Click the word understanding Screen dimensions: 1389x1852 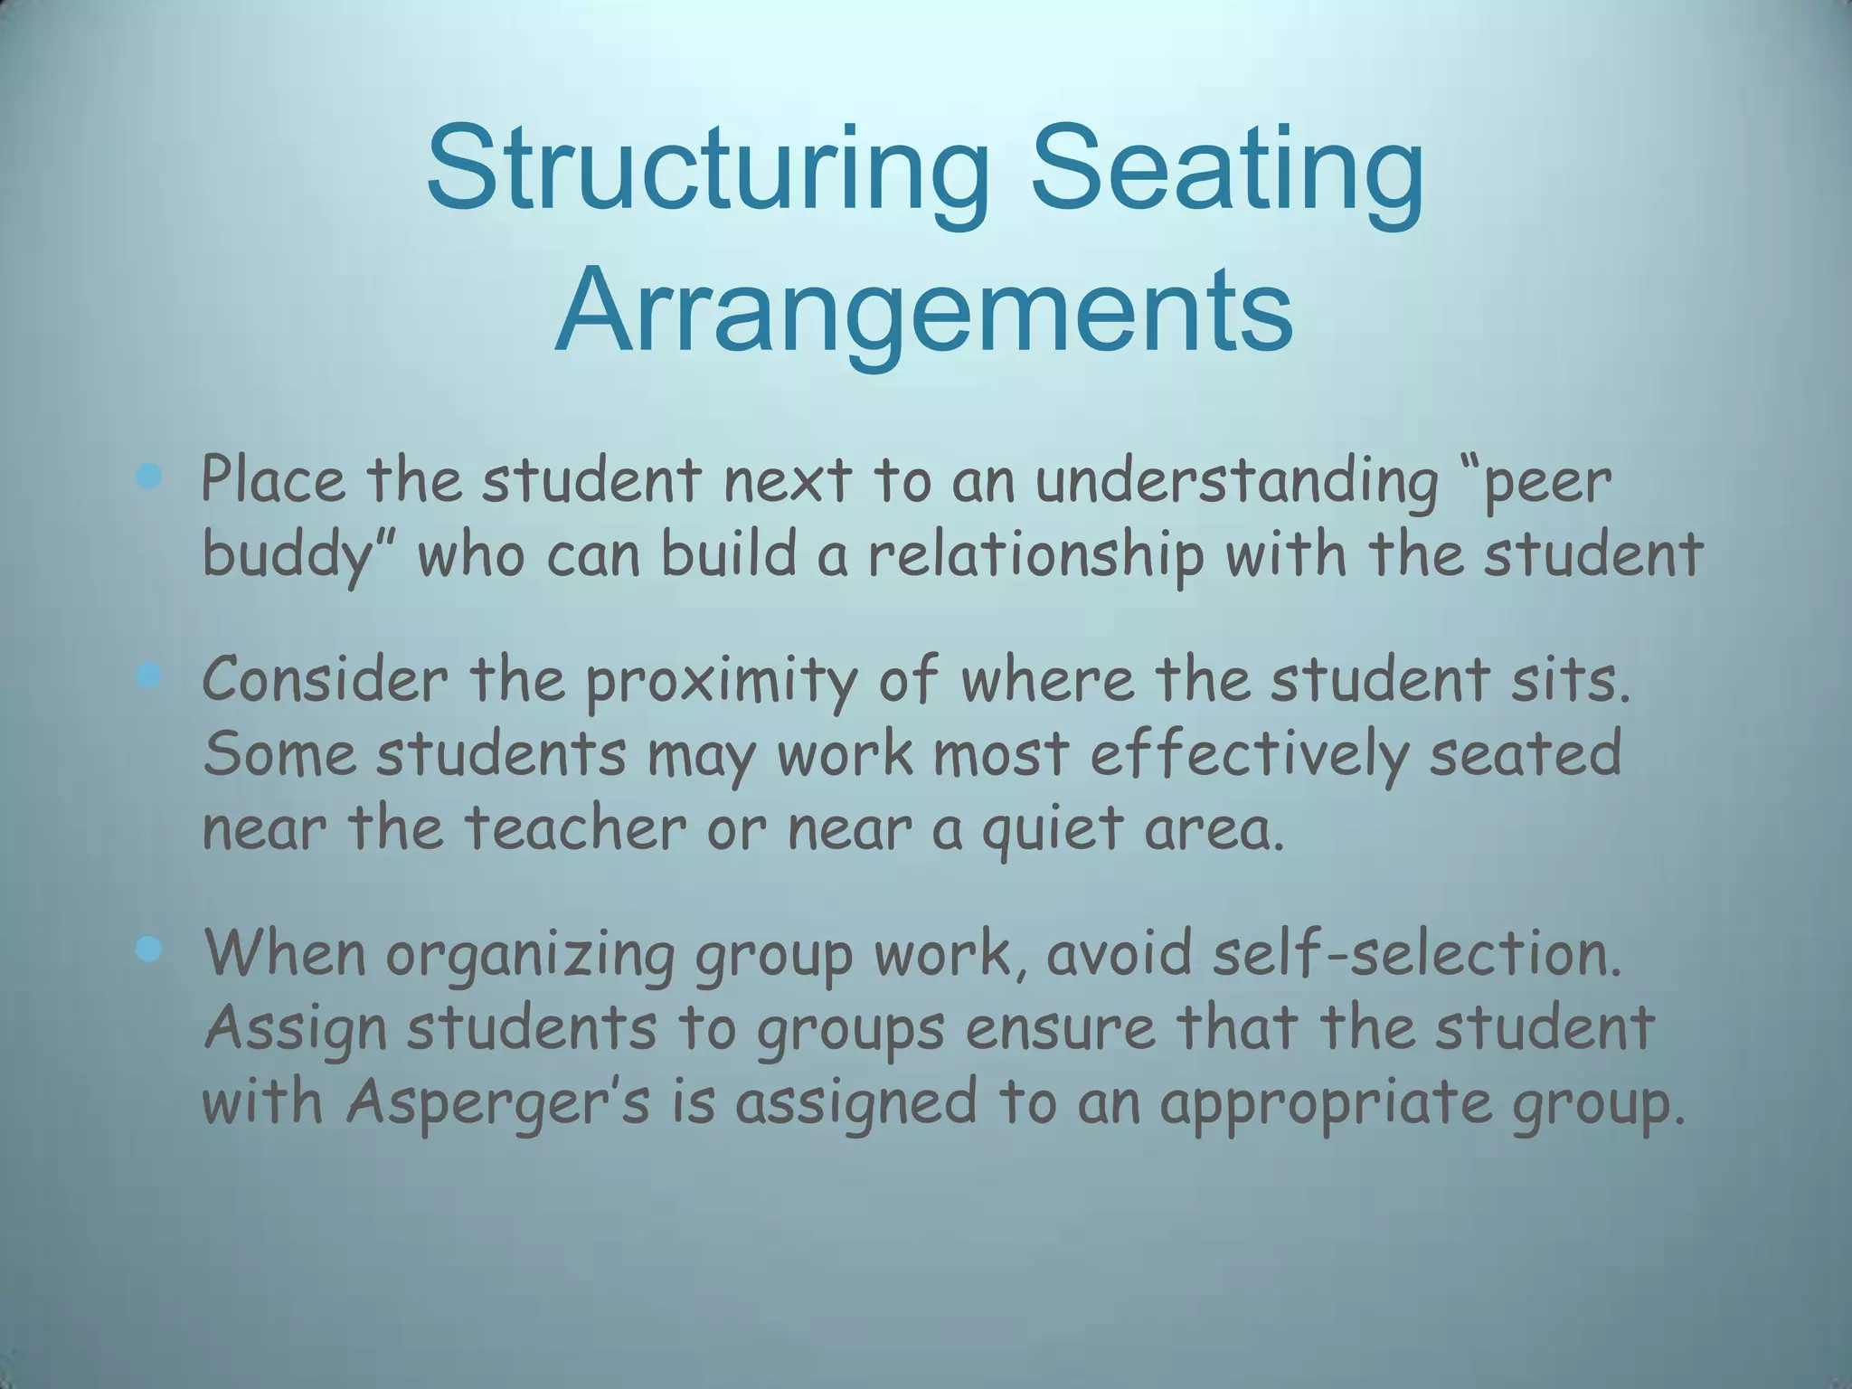(x=1236, y=481)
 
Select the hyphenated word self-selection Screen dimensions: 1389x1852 (x=1414, y=954)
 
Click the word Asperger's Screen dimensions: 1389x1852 (x=498, y=1105)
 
